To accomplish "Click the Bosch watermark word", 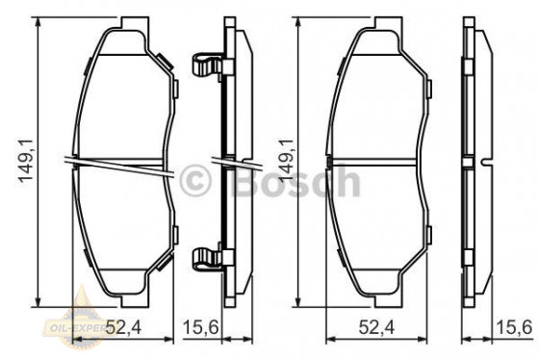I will click(305, 182).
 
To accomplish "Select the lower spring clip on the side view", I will click(207, 258).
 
